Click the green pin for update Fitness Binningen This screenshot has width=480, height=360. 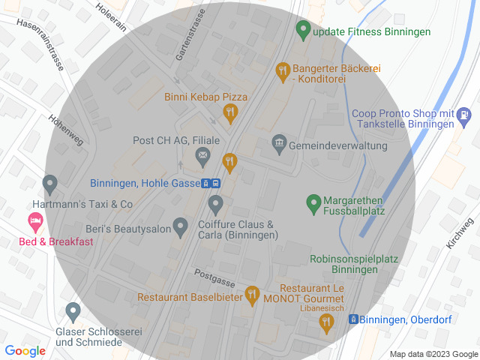pyautogui.click(x=303, y=31)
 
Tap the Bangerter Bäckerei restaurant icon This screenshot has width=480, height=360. pyautogui.click(x=282, y=71)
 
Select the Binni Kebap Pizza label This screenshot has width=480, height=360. pyautogui.click(x=205, y=97)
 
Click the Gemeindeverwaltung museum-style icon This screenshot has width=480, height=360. pyautogui.click(x=279, y=142)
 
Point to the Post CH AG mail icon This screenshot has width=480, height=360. pyautogui.click(x=202, y=157)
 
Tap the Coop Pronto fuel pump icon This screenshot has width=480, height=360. pyautogui.click(x=465, y=115)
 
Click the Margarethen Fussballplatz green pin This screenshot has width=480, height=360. pyautogui.click(x=314, y=202)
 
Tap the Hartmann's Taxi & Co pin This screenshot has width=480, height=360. pyautogui.click(x=50, y=182)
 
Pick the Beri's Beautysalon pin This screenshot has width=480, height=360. pyautogui.click(x=180, y=225)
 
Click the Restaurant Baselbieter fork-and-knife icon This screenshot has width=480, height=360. pyautogui.click(x=252, y=295)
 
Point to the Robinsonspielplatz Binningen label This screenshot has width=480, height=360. pyautogui.click(x=353, y=264)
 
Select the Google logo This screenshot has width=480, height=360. pyautogui.click(x=25, y=350)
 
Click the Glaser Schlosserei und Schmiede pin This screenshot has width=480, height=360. pyautogui.click(x=73, y=310)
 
